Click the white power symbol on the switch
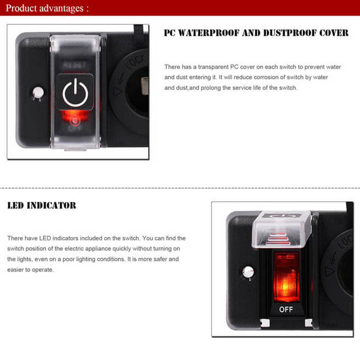point(75,94)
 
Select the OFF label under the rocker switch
point(286,310)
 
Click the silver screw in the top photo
point(37,92)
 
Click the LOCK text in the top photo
point(134,67)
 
